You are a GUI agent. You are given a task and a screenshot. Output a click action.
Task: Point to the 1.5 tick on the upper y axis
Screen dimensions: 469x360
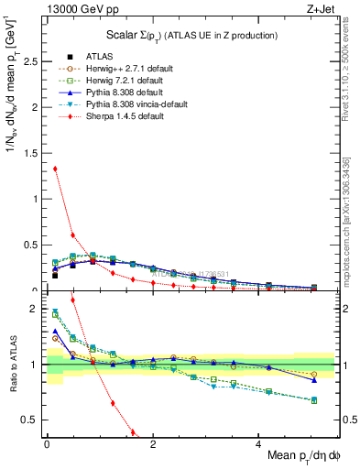(x=32, y=153)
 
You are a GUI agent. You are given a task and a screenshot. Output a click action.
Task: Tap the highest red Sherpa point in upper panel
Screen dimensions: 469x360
(x=55, y=169)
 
